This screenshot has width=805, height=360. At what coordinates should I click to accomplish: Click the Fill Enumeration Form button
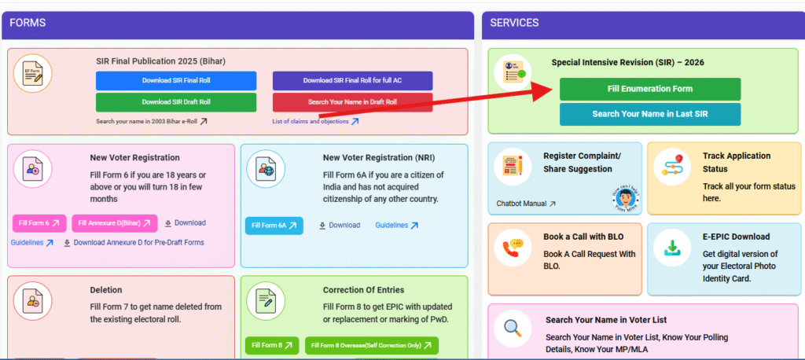point(649,89)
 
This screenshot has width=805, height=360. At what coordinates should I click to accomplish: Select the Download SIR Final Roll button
point(176,81)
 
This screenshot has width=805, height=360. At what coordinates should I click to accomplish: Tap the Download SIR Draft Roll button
point(176,102)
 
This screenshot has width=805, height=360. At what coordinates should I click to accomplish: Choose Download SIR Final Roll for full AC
point(352,81)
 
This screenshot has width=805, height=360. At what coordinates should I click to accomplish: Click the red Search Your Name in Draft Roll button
point(352,102)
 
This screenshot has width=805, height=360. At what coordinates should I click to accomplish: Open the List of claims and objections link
point(315,121)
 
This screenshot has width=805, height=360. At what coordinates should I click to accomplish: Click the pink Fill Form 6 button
point(39,223)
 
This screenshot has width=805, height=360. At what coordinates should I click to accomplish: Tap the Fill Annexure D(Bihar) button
point(114,223)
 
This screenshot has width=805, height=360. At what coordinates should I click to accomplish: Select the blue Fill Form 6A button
point(274,226)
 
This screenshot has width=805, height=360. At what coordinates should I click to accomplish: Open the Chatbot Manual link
point(526,204)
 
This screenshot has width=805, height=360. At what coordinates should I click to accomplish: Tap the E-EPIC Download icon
point(672,248)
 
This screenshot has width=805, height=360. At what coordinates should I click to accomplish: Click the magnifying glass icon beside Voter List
point(513,328)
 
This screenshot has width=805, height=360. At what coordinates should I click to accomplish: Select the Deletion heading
point(105,290)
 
